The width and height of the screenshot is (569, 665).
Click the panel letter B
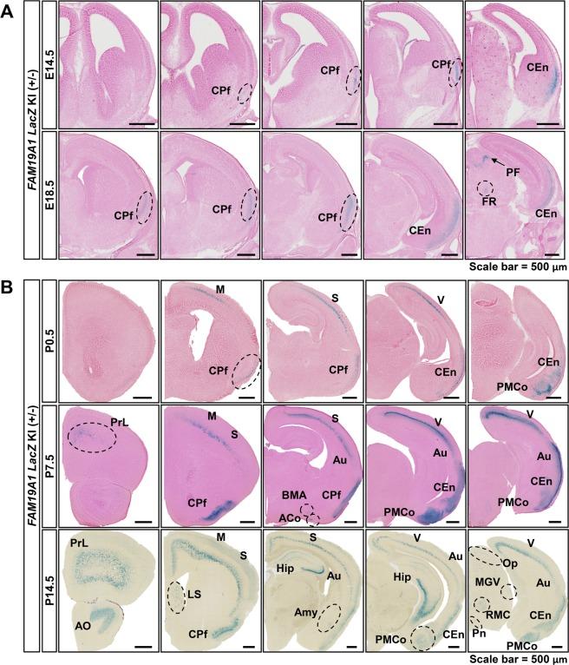point(8,279)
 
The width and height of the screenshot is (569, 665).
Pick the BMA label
point(292,493)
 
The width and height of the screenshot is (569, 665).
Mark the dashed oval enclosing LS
point(176,597)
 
